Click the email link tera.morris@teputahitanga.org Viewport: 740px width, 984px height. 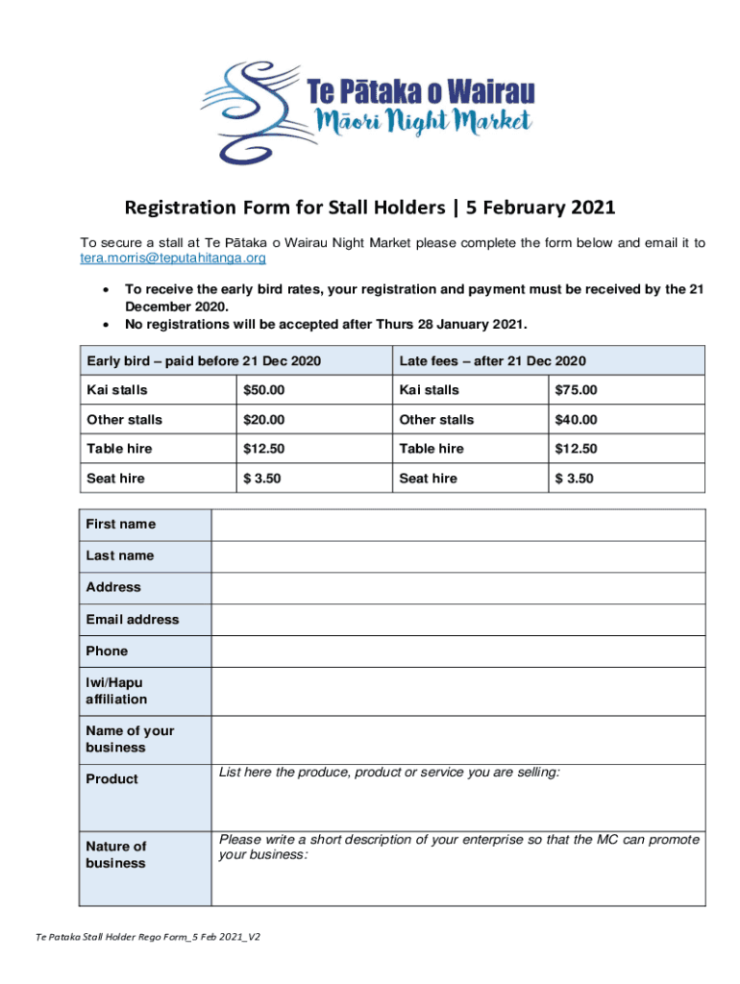[172, 258]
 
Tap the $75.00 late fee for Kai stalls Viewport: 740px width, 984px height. [576, 390]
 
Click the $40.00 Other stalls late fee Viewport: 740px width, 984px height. [576, 420]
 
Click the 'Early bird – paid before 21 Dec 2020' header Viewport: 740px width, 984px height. [203, 360]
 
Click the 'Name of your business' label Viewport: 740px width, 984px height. [130, 739]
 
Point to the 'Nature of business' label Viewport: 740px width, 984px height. [116, 854]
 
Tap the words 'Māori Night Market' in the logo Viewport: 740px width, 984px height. [423, 122]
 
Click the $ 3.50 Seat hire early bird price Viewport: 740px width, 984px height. [260, 479]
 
